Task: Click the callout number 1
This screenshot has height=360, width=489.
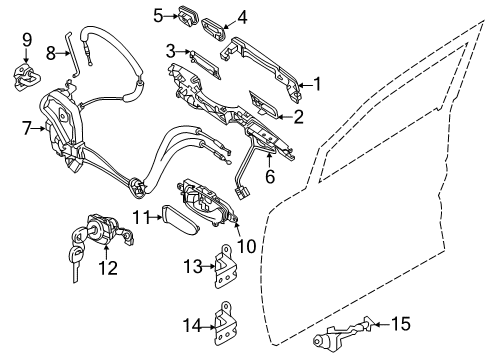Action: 317,85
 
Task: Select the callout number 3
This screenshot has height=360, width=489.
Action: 171,51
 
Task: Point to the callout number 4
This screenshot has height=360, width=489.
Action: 242,15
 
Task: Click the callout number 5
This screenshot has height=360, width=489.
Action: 158,14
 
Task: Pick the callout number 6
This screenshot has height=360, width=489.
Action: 269,176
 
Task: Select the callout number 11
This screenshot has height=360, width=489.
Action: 142,216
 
